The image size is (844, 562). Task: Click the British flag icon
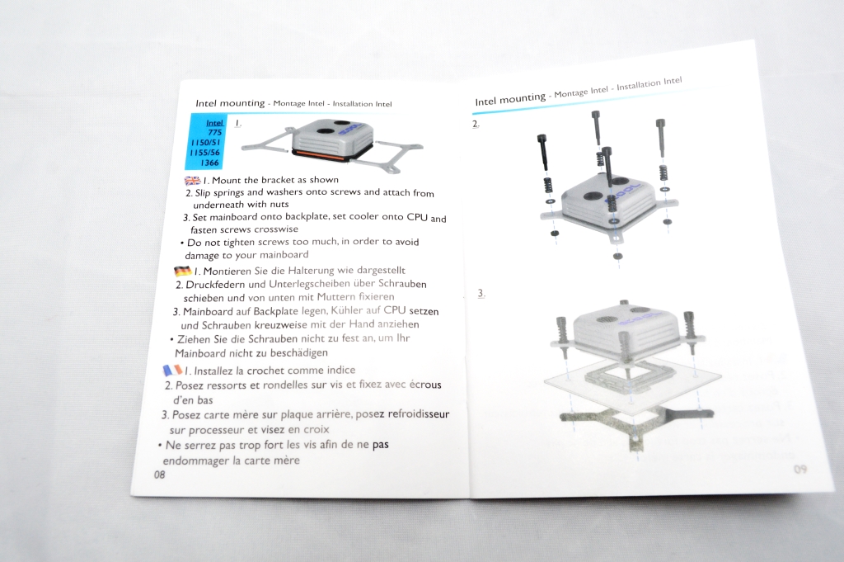coord(192,181)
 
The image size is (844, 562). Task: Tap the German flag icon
coord(182,271)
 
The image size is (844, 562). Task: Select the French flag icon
coord(173,371)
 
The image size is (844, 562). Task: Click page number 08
coord(159,475)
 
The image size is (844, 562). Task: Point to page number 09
coord(799,469)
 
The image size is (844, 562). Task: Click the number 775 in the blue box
coord(215,132)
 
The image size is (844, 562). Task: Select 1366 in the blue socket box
coord(209,163)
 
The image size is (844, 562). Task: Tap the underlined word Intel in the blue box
coord(214,123)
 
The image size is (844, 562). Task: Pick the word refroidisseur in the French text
coord(418,413)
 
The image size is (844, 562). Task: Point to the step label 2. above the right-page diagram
coord(476,124)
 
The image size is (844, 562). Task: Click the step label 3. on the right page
coord(481,294)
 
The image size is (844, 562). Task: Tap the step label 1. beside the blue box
coord(238,124)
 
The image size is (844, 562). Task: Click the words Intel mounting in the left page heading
coord(230,103)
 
